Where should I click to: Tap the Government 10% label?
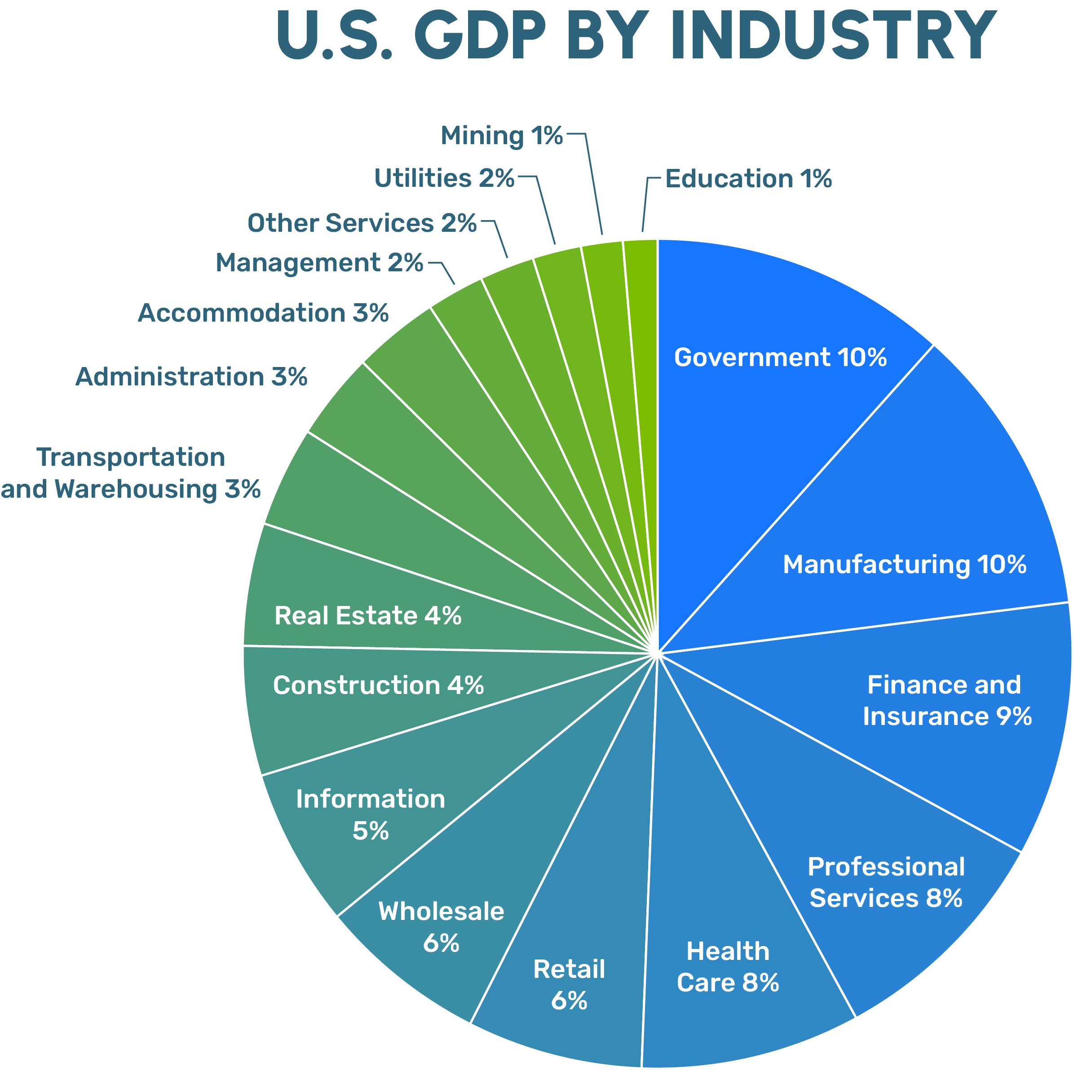coord(780,358)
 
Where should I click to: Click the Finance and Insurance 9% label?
coord(947,700)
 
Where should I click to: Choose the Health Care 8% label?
coord(728,967)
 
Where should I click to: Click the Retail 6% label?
coord(569,985)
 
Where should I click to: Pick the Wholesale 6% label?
coord(442,927)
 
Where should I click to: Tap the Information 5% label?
coord(370,815)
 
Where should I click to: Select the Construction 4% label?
coord(378,685)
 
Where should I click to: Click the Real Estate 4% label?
coord(367,616)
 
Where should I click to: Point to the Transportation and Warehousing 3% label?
coord(131,473)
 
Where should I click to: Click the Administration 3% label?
coord(191,377)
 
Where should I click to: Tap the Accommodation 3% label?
coord(263,313)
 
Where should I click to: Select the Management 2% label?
coord(319,263)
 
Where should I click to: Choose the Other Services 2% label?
coord(362,223)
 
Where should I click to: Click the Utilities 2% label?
coord(444,178)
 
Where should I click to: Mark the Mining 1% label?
coord(501,136)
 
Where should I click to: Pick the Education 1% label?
coord(748,179)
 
